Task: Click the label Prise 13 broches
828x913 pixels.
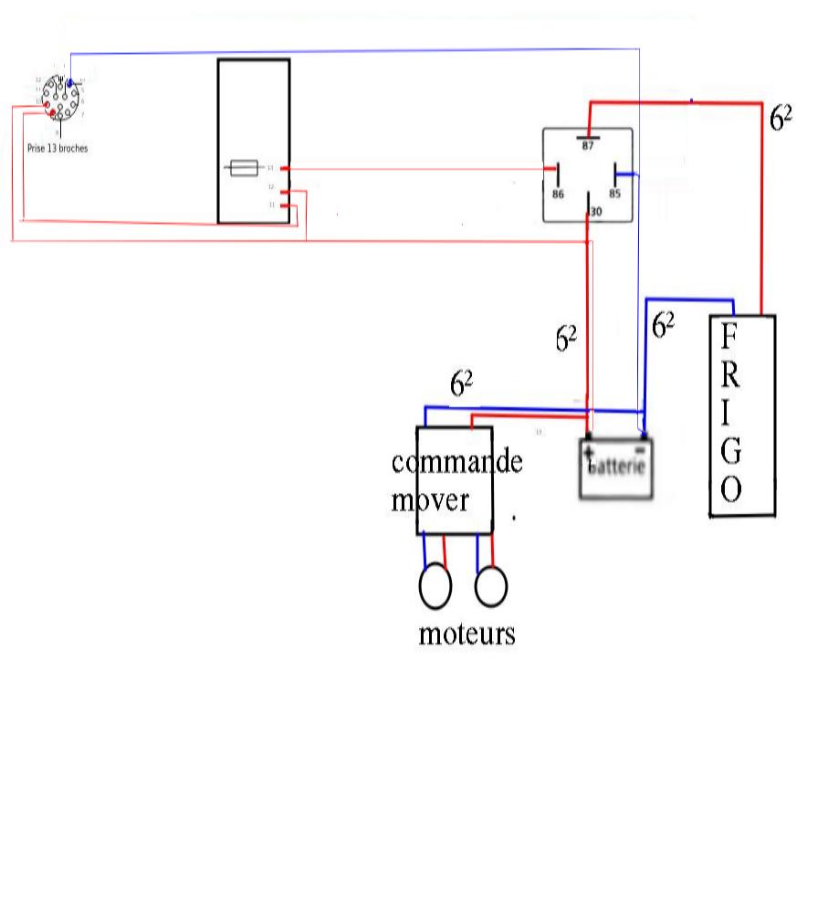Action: pos(58,148)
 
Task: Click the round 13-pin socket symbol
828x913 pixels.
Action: pos(61,99)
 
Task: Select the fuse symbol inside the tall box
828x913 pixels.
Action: pos(243,168)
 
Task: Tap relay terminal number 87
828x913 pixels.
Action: pos(588,146)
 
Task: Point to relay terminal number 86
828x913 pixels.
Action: pos(558,194)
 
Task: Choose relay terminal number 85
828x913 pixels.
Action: pos(614,194)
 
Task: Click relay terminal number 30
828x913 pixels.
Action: pos(596,212)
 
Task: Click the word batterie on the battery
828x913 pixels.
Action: pos(618,467)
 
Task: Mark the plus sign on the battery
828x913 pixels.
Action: pos(589,452)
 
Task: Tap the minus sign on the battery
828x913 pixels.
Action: pos(641,448)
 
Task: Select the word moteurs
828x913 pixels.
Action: pos(466,634)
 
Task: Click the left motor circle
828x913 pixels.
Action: pos(435,587)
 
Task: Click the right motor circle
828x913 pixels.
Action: pos(491,587)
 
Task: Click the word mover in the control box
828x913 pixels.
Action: pos(431,500)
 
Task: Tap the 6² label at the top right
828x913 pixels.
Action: pos(780,119)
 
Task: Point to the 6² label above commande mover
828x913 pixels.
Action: pos(461,383)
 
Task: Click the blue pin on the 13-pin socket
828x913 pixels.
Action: pos(69,84)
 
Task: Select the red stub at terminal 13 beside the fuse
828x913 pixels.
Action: pos(286,168)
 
